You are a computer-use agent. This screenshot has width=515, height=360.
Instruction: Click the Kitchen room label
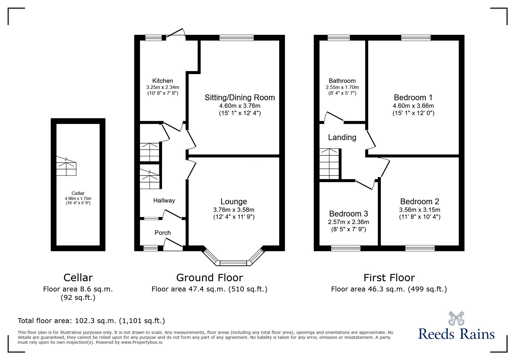point(163,81)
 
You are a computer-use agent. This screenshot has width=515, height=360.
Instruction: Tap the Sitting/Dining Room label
point(240,97)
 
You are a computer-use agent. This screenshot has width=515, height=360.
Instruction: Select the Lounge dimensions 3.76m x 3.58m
point(234,210)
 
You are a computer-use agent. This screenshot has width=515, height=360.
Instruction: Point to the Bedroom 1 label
point(413,97)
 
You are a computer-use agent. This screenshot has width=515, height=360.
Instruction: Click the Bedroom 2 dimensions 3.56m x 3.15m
point(420,210)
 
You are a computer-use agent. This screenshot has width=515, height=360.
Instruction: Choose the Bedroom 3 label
point(348,214)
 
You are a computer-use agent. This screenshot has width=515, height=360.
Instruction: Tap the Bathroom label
point(342,81)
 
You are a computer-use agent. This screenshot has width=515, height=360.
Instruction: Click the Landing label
point(342,137)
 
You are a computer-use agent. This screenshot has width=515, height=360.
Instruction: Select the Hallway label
point(164,200)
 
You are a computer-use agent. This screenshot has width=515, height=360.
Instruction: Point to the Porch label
point(163,233)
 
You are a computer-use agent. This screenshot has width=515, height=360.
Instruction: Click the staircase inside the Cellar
point(66,166)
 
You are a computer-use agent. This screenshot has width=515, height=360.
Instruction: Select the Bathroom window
point(339,37)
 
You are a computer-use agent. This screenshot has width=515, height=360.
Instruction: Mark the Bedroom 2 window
point(420,248)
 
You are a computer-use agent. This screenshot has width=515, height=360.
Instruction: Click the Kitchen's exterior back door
point(176,33)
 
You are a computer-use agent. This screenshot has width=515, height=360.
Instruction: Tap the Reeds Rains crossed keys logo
point(457,318)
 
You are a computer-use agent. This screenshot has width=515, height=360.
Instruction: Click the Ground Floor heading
point(209,278)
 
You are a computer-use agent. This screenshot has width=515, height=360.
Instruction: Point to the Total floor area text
point(91,321)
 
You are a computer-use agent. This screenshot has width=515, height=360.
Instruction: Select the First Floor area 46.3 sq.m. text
point(389,289)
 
